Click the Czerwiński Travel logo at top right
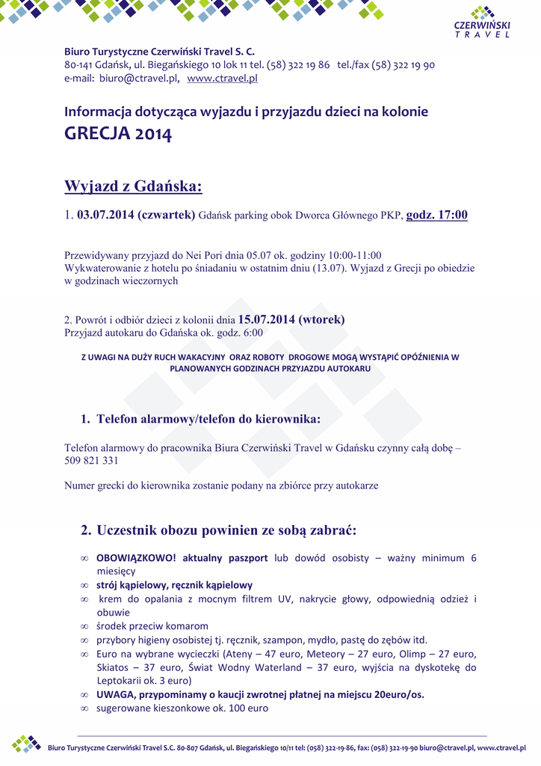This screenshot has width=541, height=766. coord(483,23)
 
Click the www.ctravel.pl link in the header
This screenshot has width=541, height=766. coord(222,78)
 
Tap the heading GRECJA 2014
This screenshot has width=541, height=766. coord(118,134)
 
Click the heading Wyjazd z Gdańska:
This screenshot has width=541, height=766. coord(133,186)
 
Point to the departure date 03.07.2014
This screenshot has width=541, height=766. coord(105,215)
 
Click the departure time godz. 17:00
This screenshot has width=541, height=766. coord(436,215)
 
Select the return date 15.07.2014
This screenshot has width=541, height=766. coord(265,320)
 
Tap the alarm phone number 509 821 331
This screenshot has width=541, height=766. coord(91,461)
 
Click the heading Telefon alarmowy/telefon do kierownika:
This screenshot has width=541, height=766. coord(208,419)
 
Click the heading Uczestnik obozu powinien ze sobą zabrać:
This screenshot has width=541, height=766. coord(226,530)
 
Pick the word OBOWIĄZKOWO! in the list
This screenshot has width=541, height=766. coord(136,558)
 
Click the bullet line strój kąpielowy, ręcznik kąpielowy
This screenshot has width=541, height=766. coord(174,585)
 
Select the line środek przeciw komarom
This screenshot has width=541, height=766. coord(152,626)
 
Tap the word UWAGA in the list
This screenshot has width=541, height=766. coord(114,694)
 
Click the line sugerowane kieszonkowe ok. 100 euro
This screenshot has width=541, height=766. coord(182,708)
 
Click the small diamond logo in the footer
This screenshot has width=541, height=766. coord(26,744)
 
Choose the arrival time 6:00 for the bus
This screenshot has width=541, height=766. coord(251,333)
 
